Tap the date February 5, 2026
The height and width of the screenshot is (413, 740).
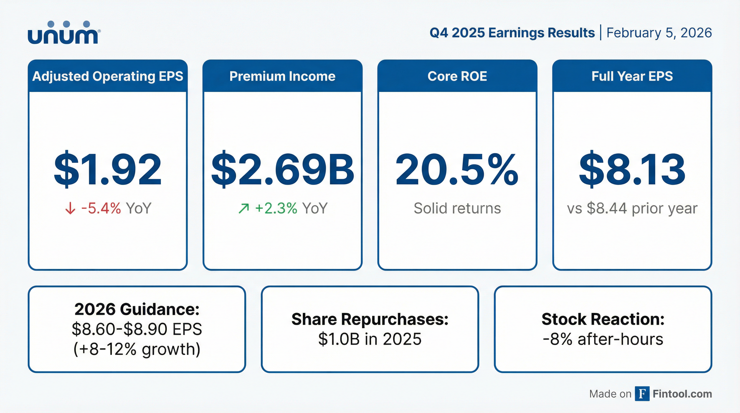tap(659, 33)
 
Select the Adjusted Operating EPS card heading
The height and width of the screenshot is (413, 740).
tap(108, 76)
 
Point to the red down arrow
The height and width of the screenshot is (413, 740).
tap(70, 208)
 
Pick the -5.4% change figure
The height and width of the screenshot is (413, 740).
tap(101, 208)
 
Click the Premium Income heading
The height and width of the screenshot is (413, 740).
tap(282, 76)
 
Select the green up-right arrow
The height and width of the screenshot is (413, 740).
tap(244, 208)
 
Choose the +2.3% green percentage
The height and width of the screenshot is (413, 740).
tap(276, 208)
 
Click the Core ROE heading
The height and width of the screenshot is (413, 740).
tap(457, 76)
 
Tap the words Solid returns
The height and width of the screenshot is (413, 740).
tap(457, 208)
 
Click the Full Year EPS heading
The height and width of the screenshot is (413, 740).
tap(632, 76)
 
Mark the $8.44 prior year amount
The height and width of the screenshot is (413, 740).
tap(607, 208)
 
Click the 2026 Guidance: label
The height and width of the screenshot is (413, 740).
tap(137, 309)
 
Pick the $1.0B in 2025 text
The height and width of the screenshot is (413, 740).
tap(370, 339)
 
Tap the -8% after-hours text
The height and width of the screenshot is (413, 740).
tap(603, 339)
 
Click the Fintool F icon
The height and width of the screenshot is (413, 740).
tap(642, 393)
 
